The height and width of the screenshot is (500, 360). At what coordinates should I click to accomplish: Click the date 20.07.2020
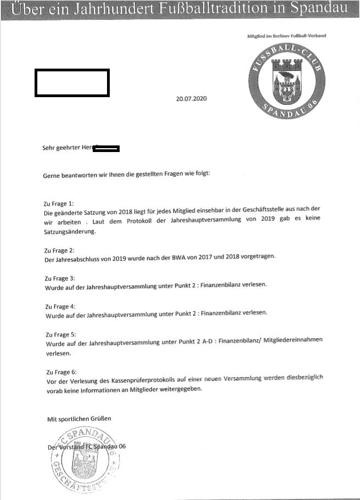coord(192,99)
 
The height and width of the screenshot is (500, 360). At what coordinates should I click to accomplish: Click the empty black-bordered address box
coord(72,83)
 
